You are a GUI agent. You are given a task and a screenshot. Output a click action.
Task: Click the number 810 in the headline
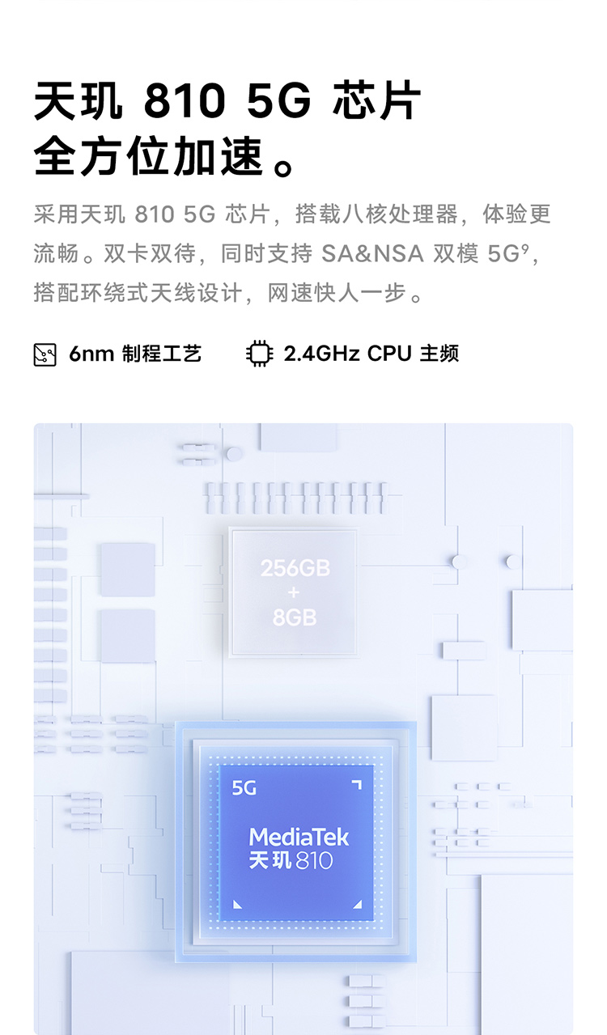pyautogui.click(x=184, y=103)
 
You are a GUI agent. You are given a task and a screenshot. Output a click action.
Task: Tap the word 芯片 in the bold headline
pyautogui.click(x=377, y=103)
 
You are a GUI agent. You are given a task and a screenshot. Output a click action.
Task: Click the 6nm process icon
pyautogui.click(x=45, y=354)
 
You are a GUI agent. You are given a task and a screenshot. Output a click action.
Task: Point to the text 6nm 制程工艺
pyautogui.click(x=135, y=354)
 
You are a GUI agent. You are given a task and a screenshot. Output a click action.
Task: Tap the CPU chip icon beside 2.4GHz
pyautogui.click(x=259, y=354)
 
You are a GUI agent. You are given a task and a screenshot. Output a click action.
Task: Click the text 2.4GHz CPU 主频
pyautogui.click(x=371, y=354)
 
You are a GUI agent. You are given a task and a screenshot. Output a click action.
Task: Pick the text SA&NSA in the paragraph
pyautogui.click(x=372, y=253)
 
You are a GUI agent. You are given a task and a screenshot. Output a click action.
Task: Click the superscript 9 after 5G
pyautogui.click(x=524, y=248)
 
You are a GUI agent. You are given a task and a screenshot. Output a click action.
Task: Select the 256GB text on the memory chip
pyautogui.click(x=295, y=568)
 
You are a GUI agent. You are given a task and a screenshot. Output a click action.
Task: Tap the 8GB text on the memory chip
pyautogui.click(x=295, y=617)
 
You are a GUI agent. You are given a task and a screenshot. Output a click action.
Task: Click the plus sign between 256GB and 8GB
pyautogui.click(x=294, y=593)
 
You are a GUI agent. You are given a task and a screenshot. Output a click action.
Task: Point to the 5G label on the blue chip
pyautogui.click(x=244, y=787)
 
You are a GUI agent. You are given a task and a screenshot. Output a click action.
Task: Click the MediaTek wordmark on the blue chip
pyautogui.click(x=299, y=837)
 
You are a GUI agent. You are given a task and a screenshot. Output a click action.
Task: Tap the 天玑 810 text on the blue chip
pyautogui.click(x=291, y=861)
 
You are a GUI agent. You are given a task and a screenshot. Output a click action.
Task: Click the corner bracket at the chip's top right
pyautogui.click(x=356, y=785)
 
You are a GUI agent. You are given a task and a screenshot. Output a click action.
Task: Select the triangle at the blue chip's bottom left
pyautogui.click(x=237, y=904)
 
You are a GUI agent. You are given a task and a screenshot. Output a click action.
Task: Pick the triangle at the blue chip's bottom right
pyautogui.click(x=357, y=904)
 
